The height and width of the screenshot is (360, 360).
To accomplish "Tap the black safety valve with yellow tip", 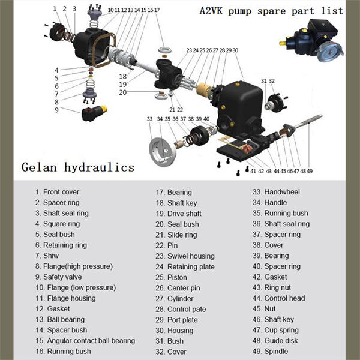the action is pyautogui.click(x=94, y=113).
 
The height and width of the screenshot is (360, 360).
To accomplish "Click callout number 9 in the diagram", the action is pyautogui.click(x=56, y=110).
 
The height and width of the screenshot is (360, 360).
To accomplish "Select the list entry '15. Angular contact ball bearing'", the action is pyautogui.click(x=85, y=341).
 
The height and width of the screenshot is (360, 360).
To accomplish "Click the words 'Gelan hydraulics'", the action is pyautogui.click(x=78, y=167).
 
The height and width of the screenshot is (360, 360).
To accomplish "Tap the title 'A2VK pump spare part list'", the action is pyautogui.click(x=271, y=11).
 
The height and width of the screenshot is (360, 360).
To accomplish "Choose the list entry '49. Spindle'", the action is pyautogui.click(x=270, y=351).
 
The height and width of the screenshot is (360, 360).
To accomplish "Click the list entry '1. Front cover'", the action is pyautogui.click(x=57, y=192).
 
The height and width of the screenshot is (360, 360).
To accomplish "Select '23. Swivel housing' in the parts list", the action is pyautogui.click(x=185, y=256).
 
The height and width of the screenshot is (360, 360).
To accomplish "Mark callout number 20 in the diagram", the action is pyautogui.click(x=123, y=92).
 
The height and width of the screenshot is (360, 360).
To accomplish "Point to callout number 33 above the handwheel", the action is pyautogui.click(x=149, y=119).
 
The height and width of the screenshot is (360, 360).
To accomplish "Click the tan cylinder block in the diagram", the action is pyautogui.click(x=203, y=90).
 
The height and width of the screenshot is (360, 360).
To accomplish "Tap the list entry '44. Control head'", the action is pyautogui.click(x=279, y=298).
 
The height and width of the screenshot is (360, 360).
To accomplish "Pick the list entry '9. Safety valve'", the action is pyautogui.click(x=59, y=277).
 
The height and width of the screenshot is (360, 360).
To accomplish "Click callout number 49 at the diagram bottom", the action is pyautogui.click(x=310, y=171).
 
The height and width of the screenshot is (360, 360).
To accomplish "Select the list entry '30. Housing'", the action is pyautogui.click(x=175, y=331).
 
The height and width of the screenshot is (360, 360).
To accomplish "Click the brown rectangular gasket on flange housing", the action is pyautogui.click(x=103, y=50).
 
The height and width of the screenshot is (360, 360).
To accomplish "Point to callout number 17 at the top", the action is pyautogui.click(x=157, y=10).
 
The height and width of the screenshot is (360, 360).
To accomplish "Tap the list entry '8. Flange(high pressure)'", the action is pyautogui.click(x=74, y=266).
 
